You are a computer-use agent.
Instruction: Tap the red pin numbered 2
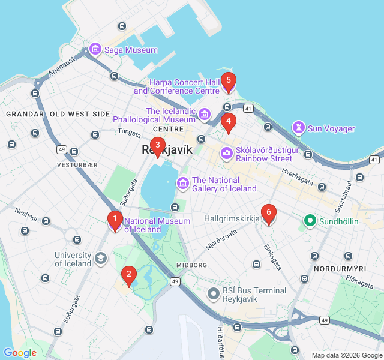127,275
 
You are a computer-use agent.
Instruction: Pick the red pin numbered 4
227,122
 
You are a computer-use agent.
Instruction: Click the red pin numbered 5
227,82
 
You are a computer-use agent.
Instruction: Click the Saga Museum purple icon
94,50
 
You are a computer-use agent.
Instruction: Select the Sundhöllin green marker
310,221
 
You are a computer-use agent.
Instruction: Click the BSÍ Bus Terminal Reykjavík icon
213,294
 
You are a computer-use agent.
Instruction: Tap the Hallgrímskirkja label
232,219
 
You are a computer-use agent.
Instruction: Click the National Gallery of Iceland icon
182,182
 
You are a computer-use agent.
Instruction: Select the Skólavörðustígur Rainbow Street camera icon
226,154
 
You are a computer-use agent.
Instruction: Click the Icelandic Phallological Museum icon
205,114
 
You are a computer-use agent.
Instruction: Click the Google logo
20,353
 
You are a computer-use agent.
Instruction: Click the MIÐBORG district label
191,265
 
